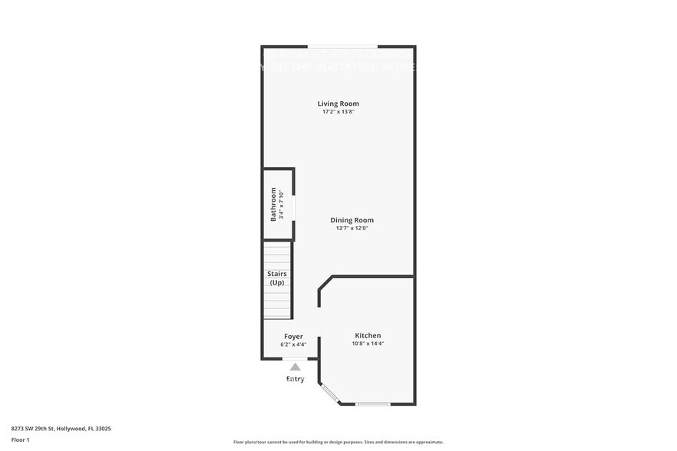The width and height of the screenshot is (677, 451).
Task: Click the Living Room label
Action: point(338,104)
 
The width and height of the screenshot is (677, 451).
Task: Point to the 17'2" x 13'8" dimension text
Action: point(338,112)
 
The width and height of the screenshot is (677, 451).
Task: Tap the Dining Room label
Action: point(352,220)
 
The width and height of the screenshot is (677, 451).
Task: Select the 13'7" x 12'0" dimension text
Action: point(352,229)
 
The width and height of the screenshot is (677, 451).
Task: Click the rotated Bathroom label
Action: point(273,205)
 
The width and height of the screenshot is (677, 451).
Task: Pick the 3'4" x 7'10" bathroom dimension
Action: point(282,205)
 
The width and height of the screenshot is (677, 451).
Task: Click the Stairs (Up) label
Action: point(276,278)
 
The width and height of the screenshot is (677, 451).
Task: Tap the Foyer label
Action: point(293,336)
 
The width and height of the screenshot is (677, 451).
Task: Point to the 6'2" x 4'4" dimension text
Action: point(293,344)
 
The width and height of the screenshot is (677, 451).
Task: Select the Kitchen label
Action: point(368,335)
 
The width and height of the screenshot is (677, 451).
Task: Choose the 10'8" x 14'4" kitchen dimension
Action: point(368,344)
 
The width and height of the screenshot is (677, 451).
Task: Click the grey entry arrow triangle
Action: point(295,367)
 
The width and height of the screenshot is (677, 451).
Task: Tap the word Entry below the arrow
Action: point(295,379)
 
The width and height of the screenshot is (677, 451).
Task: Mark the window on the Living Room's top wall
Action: point(342,46)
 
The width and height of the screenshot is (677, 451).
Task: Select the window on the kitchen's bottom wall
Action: point(373,404)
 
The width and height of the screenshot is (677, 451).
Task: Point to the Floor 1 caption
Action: point(20,439)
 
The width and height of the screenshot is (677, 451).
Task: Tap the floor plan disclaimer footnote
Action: point(338,442)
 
